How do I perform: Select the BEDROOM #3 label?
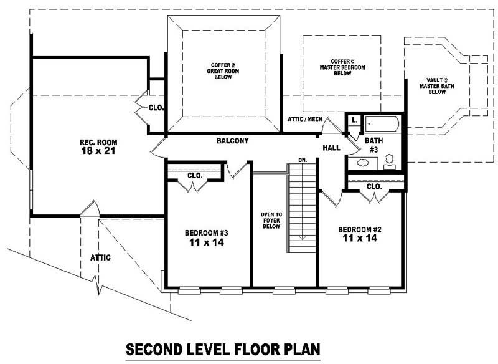pos(207,233)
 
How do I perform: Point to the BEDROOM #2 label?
pos(359,229)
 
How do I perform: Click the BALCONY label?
pos(232,141)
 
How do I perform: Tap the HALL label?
pos(331,148)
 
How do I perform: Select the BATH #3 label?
pos(374,145)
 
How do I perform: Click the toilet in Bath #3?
pos(390,161)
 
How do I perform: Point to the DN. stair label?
pos(303,161)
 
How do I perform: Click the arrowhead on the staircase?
pos(303,236)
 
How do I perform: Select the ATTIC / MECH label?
pos(304,118)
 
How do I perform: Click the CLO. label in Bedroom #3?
pos(195,176)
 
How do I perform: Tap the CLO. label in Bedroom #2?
pos(374,186)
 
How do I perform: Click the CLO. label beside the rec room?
pos(156,108)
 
